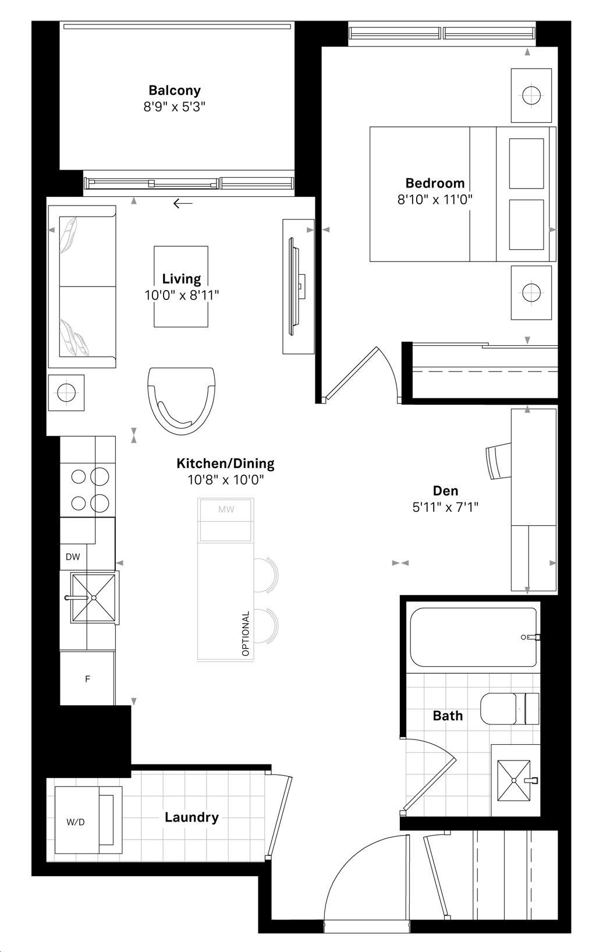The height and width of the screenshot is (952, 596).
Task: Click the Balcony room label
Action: click(x=175, y=90)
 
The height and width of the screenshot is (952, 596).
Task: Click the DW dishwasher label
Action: click(x=73, y=557)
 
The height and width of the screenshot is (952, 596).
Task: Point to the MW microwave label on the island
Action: click(x=226, y=509)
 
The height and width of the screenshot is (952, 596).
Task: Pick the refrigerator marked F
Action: click(x=87, y=679)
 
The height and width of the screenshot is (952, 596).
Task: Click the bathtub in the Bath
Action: click(x=473, y=637)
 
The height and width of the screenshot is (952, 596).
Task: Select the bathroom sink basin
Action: click(x=514, y=780)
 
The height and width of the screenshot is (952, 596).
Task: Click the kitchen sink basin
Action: click(x=93, y=597)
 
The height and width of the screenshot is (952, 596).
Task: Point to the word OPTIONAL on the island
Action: click(x=246, y=634)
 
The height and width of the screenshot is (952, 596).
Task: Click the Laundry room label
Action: click(x=191, y=817)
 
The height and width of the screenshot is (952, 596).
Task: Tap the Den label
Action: click(x=445, y=491)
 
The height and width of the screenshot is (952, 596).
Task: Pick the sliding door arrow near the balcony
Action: click(x=183, y=203)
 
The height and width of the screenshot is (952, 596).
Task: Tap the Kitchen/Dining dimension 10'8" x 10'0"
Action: click(x=225, y=480)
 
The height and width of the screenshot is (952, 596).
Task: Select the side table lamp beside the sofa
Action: click(x=66, y=392)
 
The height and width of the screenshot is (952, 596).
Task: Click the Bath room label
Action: click(x=448, y=716)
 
